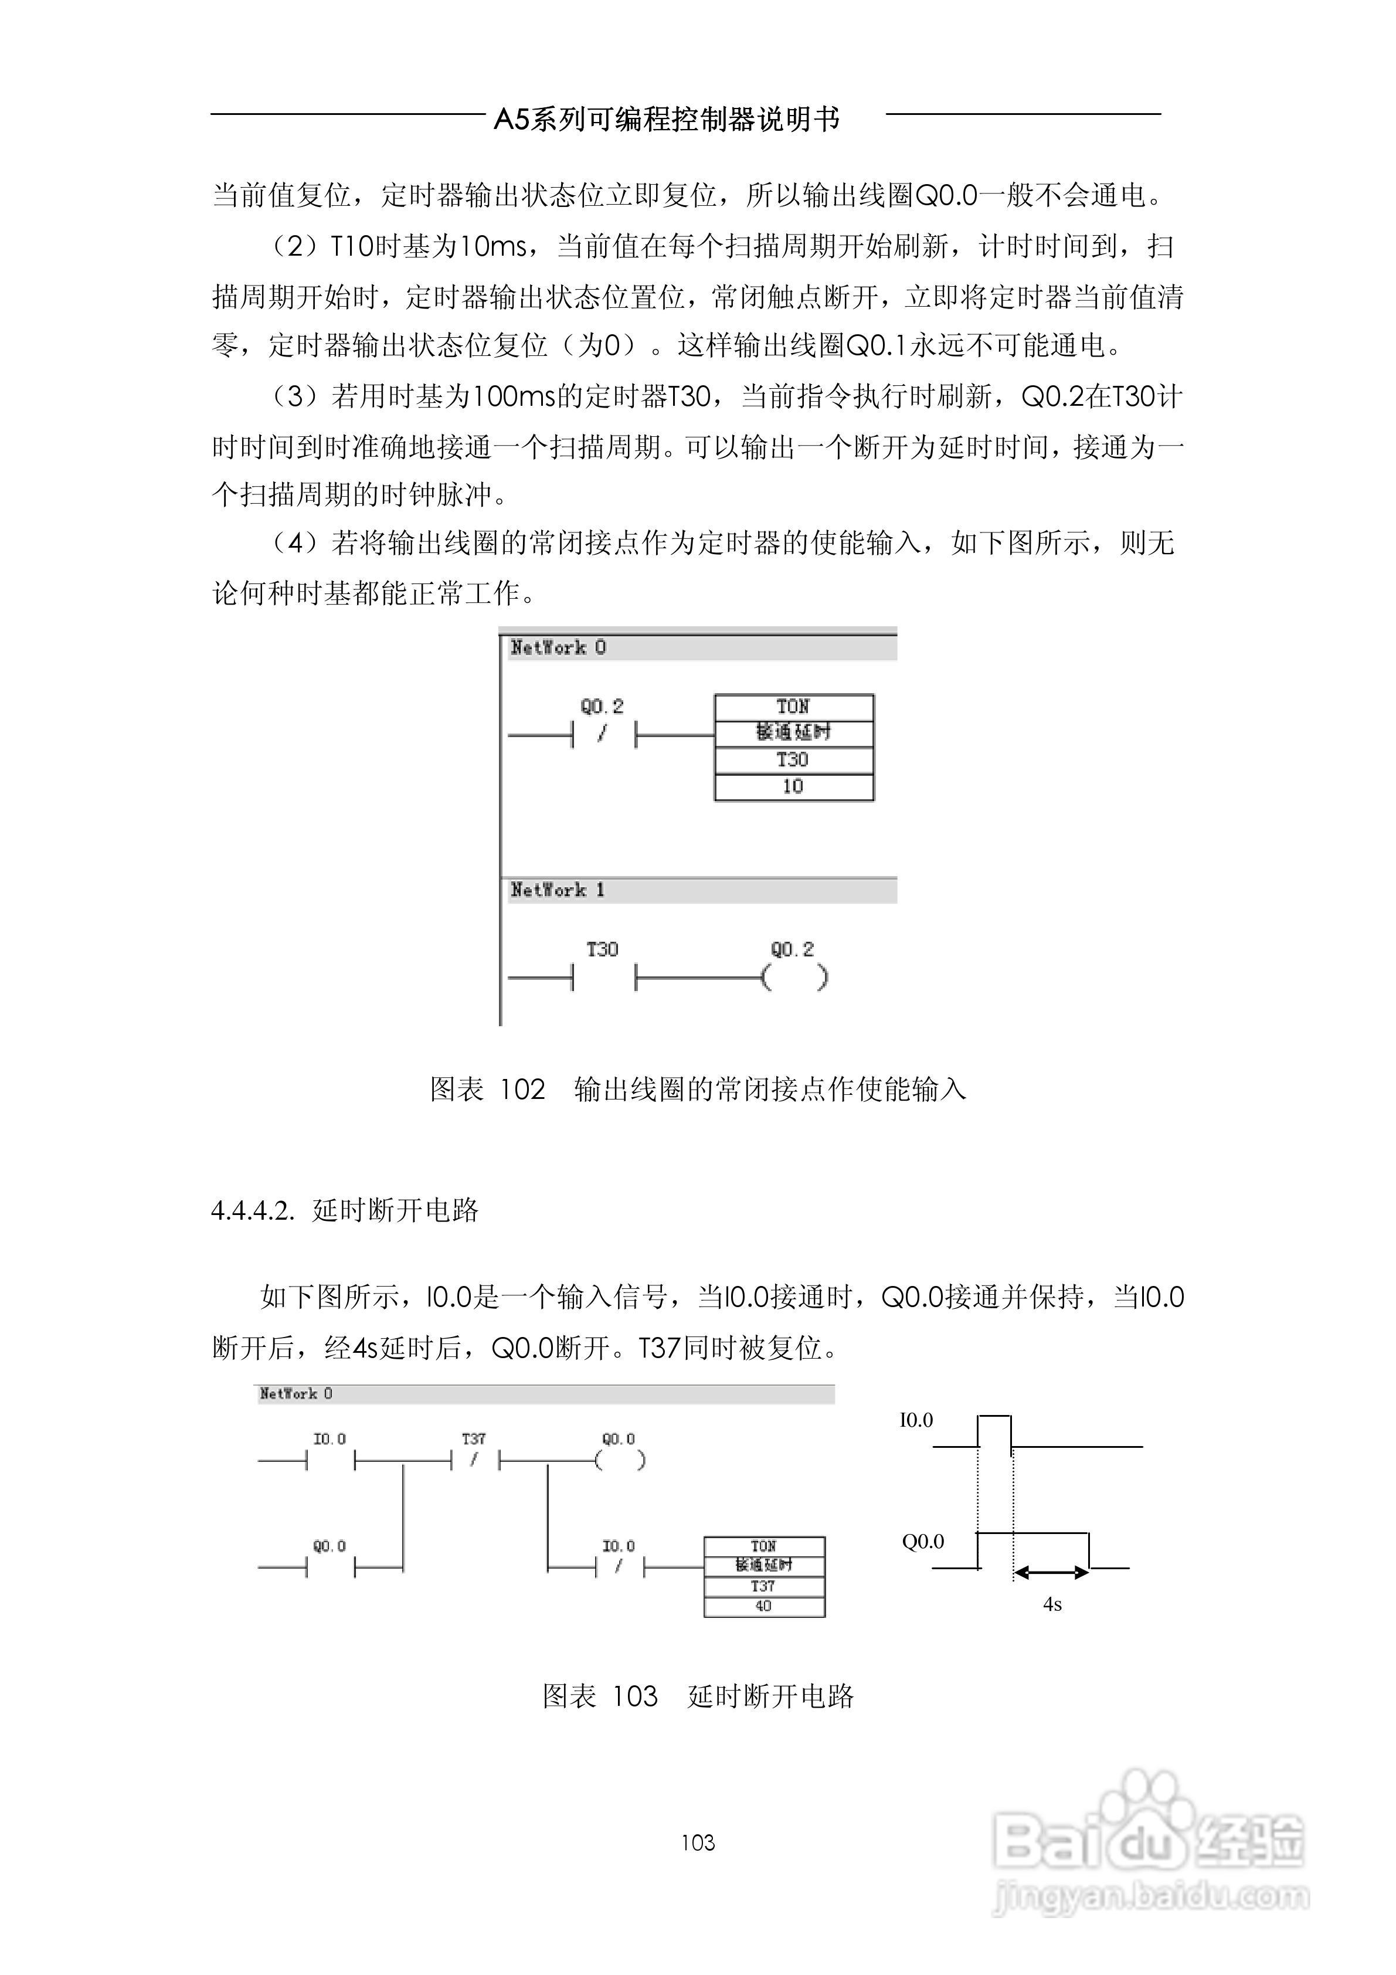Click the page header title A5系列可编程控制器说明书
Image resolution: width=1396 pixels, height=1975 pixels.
pos(667,118)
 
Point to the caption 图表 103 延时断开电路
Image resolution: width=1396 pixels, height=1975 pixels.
pos(698,1695)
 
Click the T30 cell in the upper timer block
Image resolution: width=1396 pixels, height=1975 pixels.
pos(793,759)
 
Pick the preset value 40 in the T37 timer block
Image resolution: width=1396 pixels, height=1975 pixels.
pos(763,1606)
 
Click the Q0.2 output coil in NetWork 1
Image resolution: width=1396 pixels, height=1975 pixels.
pos(794,978)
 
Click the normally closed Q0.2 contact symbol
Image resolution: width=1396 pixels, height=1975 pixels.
pos(603,735)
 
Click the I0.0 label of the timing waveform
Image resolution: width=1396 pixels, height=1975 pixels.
pos(916,1421)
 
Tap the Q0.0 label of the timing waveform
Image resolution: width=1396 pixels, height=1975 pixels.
pos(922,1542)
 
